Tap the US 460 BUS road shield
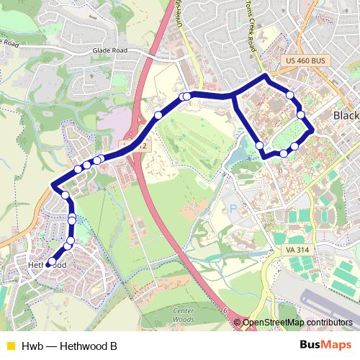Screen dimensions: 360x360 [x=306, y=62]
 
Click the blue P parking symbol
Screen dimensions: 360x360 [x=232, y=210]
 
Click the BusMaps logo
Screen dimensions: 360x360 [x=325, y=345]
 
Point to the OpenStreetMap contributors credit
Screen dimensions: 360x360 [x=297, y=323]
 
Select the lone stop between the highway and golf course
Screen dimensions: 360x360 [x=158, y=115]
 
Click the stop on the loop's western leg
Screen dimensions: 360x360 [x=259, y=145]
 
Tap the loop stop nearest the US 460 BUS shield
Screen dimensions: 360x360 [x=289, y=94]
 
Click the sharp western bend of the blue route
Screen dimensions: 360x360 [x=53, y=187]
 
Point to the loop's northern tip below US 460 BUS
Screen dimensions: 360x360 [x=266, y=76]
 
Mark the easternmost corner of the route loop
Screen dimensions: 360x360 [x=312, y=130]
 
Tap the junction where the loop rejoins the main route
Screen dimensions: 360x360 [x=232, y=95]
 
